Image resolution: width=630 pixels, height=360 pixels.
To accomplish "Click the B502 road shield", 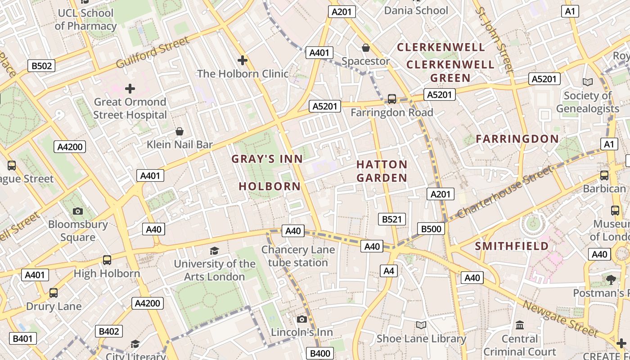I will [x=41, y=66].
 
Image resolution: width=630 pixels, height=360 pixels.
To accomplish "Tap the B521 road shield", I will [x=391, y=219].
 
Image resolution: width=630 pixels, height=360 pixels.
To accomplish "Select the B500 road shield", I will [x=431, y=229].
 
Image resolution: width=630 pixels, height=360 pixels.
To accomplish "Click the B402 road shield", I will [x=109, y=332].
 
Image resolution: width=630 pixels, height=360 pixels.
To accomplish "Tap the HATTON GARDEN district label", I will [x=382, y=171].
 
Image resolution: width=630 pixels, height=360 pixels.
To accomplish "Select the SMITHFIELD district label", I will [x=512, y=246].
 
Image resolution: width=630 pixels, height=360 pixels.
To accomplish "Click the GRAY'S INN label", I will [x=267, y=159].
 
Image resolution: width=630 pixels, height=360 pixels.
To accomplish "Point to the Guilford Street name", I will [x=153, y=53].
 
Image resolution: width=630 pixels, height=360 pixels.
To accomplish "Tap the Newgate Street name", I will [x=560, y=319].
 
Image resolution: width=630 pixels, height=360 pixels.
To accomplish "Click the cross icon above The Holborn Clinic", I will [x=243, y=60].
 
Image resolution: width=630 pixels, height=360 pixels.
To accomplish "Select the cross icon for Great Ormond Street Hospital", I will [x=130, y=88].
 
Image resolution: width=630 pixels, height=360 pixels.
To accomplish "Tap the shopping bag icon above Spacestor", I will [x=366, y=47].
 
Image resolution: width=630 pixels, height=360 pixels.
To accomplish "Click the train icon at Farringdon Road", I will [x=392, y=99].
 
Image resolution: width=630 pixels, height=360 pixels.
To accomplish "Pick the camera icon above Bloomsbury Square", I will [x=78, y=211].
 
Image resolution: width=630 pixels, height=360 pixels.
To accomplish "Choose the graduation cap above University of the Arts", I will [x=215, y=251].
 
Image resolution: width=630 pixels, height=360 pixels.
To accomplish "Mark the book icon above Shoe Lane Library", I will [x=421, y=325].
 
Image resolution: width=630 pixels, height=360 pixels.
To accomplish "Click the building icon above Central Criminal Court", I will [x=520, y=325].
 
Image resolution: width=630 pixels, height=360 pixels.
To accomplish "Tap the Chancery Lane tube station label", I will [x=298, y=256].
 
